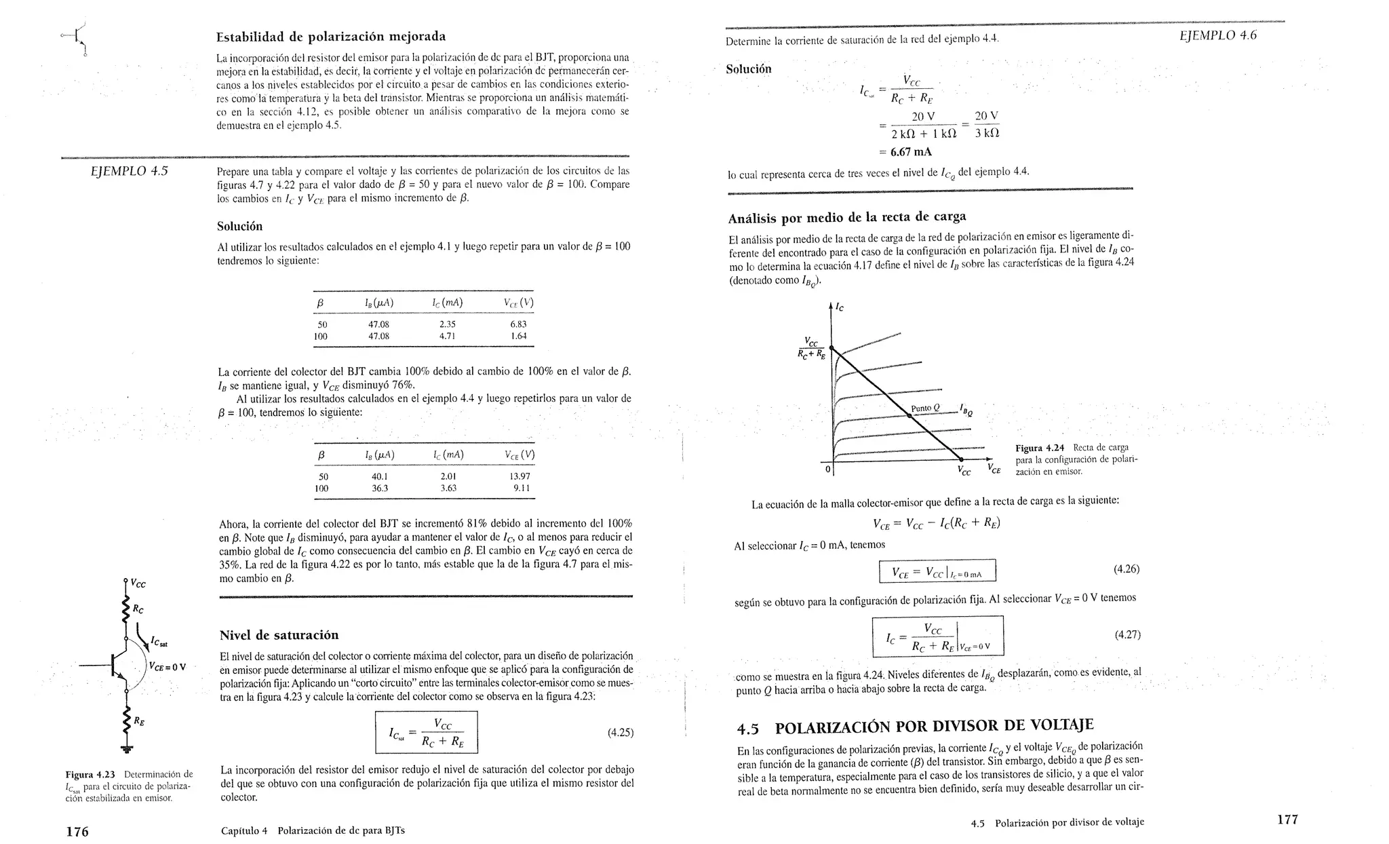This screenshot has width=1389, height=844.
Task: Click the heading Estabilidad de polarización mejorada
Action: (x=330, y=37)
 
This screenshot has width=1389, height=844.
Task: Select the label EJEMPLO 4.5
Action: (x=129, y=171)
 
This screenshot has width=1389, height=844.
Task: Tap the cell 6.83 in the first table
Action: (x=518, y=324)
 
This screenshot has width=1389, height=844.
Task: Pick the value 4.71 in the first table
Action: (x=448, y=336)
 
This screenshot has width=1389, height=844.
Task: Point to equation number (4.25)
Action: (x=620, y=732)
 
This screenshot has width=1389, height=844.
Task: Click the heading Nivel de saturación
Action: (x=279, y=636)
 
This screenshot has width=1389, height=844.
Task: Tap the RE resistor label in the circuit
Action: (x=138, y=721)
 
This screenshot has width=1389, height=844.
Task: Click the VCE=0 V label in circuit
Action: (x=167, y=666)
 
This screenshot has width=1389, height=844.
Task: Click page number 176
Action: (x=77, y=831)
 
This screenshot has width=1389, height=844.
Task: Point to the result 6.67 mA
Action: (x=911, y=151)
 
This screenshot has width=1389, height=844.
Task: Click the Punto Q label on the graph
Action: (x=925, y=408)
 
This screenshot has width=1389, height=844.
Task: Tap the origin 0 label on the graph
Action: (x=827, y=468)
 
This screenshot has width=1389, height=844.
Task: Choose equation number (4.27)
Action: (x=1127, y=635)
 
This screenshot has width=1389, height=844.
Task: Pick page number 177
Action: (x=1287, y=820)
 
